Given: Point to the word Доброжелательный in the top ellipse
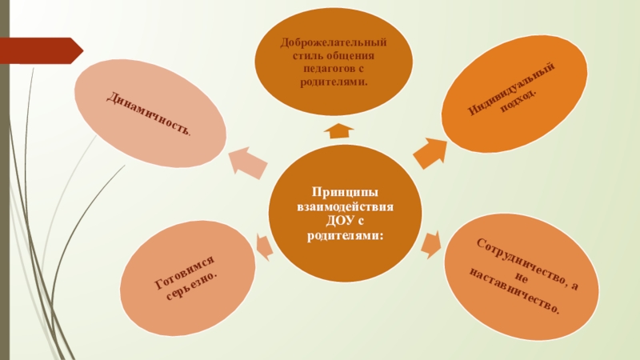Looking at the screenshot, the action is [334, 42].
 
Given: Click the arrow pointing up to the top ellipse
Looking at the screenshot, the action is [340, 130].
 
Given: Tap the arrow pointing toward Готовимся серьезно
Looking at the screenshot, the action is [262, 246].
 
